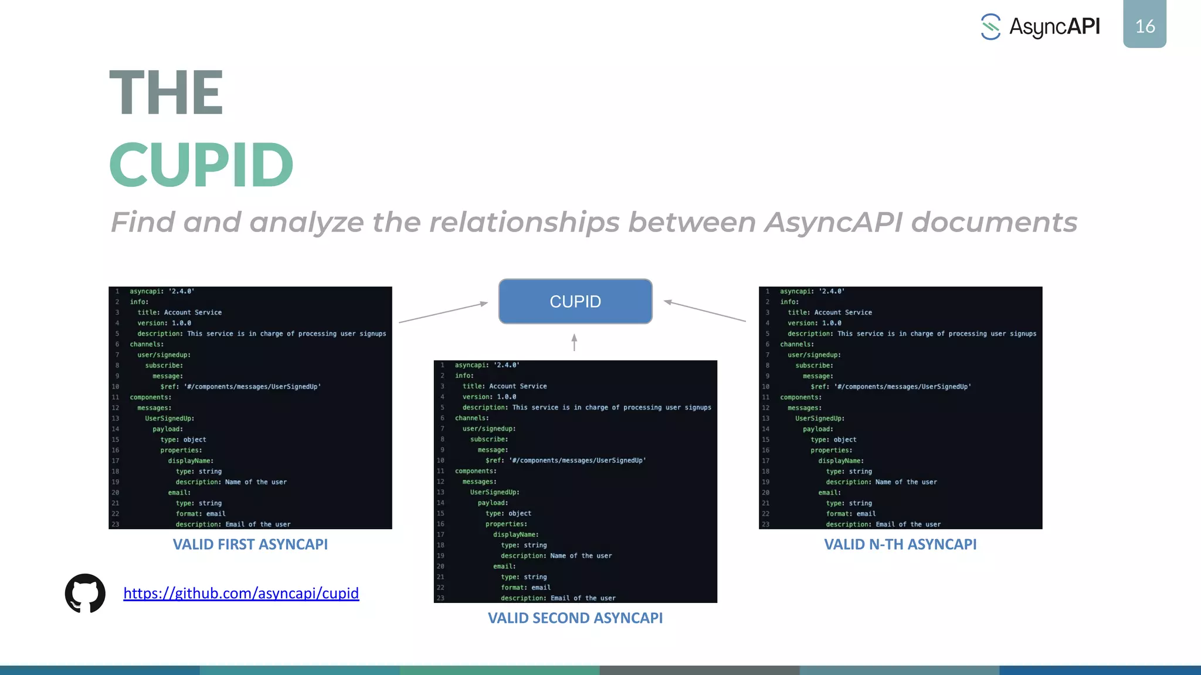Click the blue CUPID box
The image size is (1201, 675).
575,301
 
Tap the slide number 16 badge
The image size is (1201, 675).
1144,25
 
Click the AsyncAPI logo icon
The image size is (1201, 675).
990,27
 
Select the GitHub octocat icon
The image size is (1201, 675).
85,593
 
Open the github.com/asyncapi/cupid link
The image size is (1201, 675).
240,593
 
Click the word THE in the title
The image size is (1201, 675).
166,93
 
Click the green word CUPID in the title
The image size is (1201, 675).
201,165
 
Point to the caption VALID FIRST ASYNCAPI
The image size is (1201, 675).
250,544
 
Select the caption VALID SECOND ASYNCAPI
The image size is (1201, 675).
575,618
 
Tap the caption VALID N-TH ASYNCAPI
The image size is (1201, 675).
900,544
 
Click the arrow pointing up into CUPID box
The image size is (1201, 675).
574,342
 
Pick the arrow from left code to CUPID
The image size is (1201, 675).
443,312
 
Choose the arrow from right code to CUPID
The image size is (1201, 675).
705,311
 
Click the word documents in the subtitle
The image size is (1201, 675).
993,223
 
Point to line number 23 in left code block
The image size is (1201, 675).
116,524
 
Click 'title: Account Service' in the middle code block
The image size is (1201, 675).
504,386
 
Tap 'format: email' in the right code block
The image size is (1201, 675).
850,513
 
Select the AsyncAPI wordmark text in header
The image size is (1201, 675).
1054,27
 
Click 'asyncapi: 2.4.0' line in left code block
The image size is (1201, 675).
162,291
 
